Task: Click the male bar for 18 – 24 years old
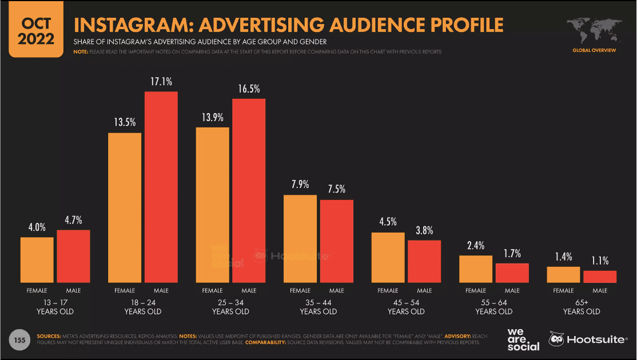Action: coord(161,187)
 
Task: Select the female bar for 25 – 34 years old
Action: coord(213,205)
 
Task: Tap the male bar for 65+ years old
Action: coord(600,277)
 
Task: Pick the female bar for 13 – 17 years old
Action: coord(37,260)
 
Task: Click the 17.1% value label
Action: coord(161,82)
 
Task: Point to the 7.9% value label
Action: coord(300,185)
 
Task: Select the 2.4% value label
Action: coord(476,246)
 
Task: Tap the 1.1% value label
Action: coord(600,261)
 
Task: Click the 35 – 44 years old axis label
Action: coord(318,307)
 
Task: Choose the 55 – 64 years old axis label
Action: coord(494,307)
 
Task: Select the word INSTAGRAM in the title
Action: coord(129,25)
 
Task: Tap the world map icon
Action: coord(594,30)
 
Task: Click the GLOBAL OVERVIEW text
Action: coord(594,51)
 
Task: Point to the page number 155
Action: coord(18,340)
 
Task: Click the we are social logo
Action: coord(523,339)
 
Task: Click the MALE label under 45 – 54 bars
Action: coord(424,290)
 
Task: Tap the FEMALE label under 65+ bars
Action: coord(563,290)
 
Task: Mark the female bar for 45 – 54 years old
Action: coord(388,257)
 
